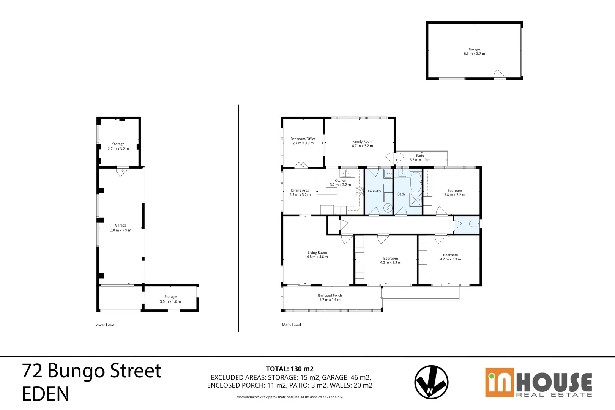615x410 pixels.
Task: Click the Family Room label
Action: coord(362,142)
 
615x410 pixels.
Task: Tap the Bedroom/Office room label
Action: coord(303,139)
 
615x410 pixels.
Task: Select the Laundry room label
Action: coord(374,191)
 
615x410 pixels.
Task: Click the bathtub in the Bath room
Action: coord(416,182)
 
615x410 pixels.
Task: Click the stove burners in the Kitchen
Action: coord(359,192)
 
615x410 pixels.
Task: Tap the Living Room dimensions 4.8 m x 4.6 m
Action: coord(317,257)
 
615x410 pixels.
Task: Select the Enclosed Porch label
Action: coord(330,295)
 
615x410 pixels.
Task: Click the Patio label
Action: coord(420,156)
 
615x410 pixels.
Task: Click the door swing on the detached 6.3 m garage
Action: coord(499,74)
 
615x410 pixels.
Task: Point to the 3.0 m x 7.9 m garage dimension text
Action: coord(121,230)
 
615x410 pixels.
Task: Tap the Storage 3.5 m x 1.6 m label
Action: coord(170,299)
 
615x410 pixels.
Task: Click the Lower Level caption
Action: coord(105,325)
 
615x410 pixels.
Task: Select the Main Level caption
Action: coord(291,325)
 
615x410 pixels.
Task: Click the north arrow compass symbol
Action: coord(431,382)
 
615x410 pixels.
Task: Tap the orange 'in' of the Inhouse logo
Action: coord(499,383)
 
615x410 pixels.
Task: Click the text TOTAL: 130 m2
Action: coord(290,369)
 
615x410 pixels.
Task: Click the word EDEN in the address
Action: coord(46,394)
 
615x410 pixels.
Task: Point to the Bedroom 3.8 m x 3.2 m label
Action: coord(454,191)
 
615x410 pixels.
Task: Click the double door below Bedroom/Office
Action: coord(301,165)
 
